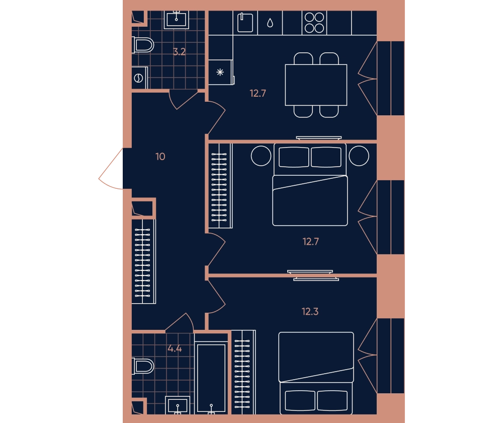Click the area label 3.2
pyautogui.click(x=179, y=52)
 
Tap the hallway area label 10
pyautogui.click(x=160, y=157)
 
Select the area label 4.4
pyautogui.click(x=175, y=348)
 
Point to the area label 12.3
pyautogui.click(x=310, y=311)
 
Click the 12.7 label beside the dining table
pyautogui.click(x=258, y=93)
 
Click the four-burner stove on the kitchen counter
pyautogui.click(x=314, y=23)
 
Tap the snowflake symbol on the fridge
pyautogui.click(x=220, y=73)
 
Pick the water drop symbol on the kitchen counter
pyautogui.click(x=270, y=23)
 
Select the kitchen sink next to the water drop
pyautogui.click(x=245, y=23)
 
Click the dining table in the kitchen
pyautogui.click(x=316, y=85)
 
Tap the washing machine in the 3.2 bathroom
pyautogui.click(x=139, y=78)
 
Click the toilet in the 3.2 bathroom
pyautogui.click(x=143, y=45)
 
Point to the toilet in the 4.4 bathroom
pyautogui.click(x=143, y=366)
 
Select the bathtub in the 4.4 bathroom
pyautogui.click(x=211, y=377)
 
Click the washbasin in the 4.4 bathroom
pyautogui.click(x=178, y=405)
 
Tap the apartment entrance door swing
pyautogui.click(x=110, y=169)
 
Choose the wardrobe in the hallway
pyautogui.click(x=143, y=261)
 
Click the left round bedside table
pyautogui.click(x=261, y=156)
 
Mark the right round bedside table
pyautogui.click(x=359, y=156)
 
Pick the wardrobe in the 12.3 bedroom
pyautogui.click(x=243, y=372)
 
